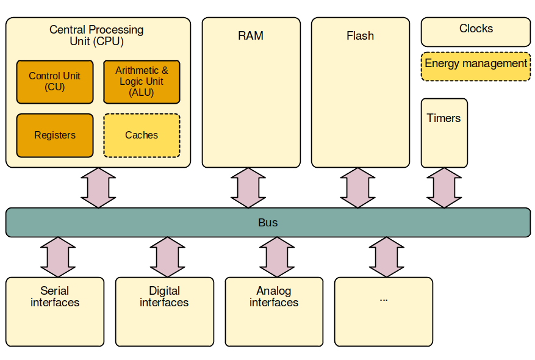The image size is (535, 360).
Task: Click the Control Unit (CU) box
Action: tap(55, 82)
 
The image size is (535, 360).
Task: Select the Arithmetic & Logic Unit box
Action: tap(142, 82)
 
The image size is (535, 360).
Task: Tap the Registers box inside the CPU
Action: tap(55, 135)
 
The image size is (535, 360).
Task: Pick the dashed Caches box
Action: tap(142, 135)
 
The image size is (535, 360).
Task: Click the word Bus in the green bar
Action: tap(268, 223)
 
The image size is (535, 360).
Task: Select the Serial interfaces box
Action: tap(55, 312)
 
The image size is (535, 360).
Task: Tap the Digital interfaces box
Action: tap(164, 312)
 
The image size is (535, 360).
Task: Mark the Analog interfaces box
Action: tap(274, 312)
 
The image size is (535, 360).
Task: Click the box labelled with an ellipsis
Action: tap(384, 312)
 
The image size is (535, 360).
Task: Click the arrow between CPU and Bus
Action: tap(98, 188)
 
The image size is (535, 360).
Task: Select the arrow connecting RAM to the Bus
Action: tap(248, 188)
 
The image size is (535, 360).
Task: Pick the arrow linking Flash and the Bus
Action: tap(357, 188)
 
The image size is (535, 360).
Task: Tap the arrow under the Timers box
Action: tap(444, 188)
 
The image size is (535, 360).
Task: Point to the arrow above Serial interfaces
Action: tap(58, 257)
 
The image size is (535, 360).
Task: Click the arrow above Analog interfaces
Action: tap(277, 257)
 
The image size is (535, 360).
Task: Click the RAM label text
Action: tap(251, 36)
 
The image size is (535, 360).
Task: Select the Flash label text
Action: tap(360, 36)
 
